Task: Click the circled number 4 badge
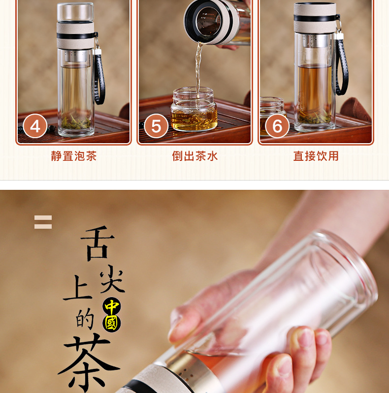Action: point(35,126)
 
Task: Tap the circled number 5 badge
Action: point(156,126)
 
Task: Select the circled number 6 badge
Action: point(277,126)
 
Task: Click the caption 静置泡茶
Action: point(74,156)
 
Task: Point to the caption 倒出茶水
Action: point(195,156)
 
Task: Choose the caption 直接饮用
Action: point(316,156)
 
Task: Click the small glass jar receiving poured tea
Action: point(194,109)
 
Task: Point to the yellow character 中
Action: point(112,306)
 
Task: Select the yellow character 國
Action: point(111,323)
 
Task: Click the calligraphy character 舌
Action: point(97,243)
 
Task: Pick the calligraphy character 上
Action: point(78,288)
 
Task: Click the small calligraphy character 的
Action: point(85,319)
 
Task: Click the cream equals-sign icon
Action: point(43,222)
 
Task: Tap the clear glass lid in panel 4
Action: point(75,12)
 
